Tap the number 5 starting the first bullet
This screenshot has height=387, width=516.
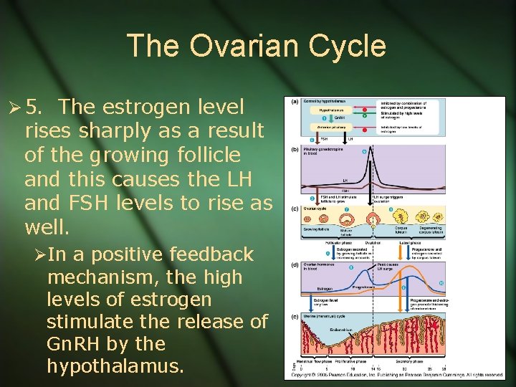coord(32,107)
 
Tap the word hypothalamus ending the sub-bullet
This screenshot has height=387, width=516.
coord(115,366)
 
